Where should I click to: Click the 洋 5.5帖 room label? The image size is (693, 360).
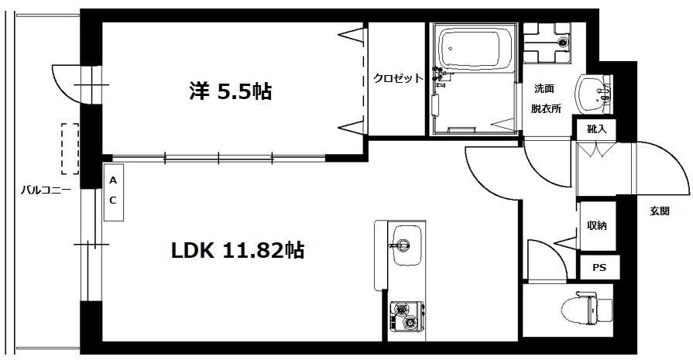tap(230, 92)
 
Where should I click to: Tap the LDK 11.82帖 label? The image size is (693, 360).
tap(238, 251)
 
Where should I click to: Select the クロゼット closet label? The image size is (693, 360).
tap(398, 78)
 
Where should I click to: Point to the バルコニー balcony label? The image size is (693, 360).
tap(46, 190)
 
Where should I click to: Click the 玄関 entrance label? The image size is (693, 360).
tap(660, 211)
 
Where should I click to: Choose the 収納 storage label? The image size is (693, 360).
tap(597, 225)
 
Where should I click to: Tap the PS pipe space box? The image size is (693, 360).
tap(599, 268)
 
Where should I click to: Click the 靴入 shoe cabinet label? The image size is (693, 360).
tap(597, 129)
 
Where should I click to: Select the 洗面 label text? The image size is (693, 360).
tap(544, 89)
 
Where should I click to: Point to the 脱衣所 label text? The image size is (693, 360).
tap(546, 108)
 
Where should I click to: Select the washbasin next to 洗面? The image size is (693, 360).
tap(592, 94)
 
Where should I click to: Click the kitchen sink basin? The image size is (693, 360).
tap(407, 245)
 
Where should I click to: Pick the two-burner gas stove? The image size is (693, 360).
tap(407, 316)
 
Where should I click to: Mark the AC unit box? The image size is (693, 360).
tap(114, 192)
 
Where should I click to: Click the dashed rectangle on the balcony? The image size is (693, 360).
tap(70, 149)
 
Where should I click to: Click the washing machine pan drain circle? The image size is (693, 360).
tap(563, 43)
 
